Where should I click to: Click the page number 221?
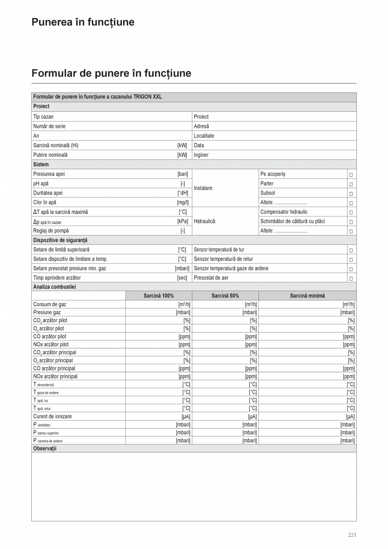(352, 535)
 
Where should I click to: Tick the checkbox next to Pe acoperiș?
(351, 175)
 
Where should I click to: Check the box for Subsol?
(351, 194)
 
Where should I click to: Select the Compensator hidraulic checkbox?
(351, 213)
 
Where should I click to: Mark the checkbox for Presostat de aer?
(351, 279)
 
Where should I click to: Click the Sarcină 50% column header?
(225, 296)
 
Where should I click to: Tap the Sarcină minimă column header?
(307, 296)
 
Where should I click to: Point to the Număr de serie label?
(49, 126)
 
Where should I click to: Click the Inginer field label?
(201, 155)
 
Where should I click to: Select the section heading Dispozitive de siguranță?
(60, 240)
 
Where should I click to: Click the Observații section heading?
(45, 449)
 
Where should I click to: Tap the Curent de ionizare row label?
(52, 416)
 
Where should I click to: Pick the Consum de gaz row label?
(50, 304)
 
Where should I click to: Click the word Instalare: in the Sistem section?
(203, 188)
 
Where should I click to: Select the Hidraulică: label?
(205, 221)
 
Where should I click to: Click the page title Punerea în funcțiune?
(83, 22)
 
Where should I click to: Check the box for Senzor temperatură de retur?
(351, 260)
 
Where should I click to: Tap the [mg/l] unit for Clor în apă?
(183, 203)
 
